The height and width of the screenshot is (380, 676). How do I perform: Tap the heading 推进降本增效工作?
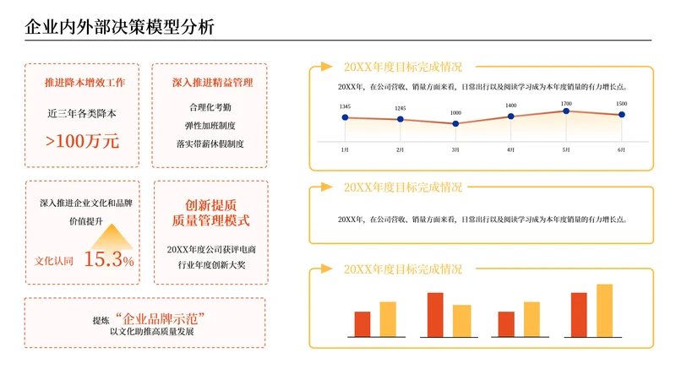84,83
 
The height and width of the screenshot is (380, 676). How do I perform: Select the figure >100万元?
83,141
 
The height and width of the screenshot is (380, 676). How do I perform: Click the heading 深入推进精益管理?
210,83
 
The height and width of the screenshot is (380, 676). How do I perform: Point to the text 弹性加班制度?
210,126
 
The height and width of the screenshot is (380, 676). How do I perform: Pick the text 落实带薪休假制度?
210,144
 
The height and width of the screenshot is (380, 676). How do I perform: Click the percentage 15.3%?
109,259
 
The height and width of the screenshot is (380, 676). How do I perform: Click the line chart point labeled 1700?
566,111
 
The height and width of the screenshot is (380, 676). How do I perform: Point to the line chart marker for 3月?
455,123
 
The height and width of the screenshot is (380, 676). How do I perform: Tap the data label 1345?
345,106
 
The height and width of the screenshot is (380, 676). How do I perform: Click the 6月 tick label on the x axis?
621,149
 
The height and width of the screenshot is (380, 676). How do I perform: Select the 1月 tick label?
345,149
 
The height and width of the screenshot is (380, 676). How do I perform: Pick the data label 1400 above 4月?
510,106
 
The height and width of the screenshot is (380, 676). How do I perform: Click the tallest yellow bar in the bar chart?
604,310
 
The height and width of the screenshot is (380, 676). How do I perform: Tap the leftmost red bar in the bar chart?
363,323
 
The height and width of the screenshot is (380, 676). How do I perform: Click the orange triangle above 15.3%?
109,232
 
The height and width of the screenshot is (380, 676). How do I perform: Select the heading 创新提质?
210,205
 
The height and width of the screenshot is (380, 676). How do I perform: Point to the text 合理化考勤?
210,108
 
